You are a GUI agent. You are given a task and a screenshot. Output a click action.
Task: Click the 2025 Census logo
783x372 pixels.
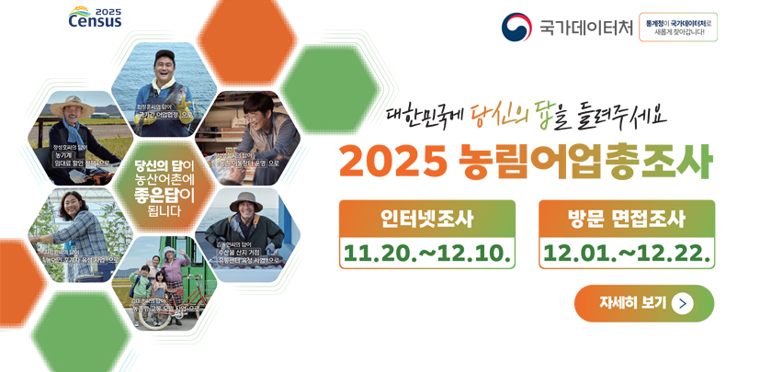click(95, 17)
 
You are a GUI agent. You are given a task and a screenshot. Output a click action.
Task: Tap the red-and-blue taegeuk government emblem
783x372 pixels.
click(516, 27)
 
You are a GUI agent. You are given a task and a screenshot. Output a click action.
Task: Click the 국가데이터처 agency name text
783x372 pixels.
click(585, 28)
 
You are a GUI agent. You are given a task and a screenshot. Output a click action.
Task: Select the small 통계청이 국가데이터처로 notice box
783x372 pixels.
click(678, 27)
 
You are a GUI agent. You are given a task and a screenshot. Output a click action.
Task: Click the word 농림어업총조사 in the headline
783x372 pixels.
click(584, 162)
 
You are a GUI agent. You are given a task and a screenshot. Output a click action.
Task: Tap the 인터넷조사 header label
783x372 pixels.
click(426, 219)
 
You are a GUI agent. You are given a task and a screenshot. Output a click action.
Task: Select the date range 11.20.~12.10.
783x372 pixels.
click(426, 252)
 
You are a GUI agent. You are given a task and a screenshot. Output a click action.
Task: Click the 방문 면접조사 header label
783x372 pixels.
click(626, 219)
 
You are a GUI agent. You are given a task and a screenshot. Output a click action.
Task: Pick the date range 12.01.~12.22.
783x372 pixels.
click(626, 252)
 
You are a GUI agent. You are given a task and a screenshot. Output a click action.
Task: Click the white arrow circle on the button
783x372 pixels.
click(682, 303)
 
